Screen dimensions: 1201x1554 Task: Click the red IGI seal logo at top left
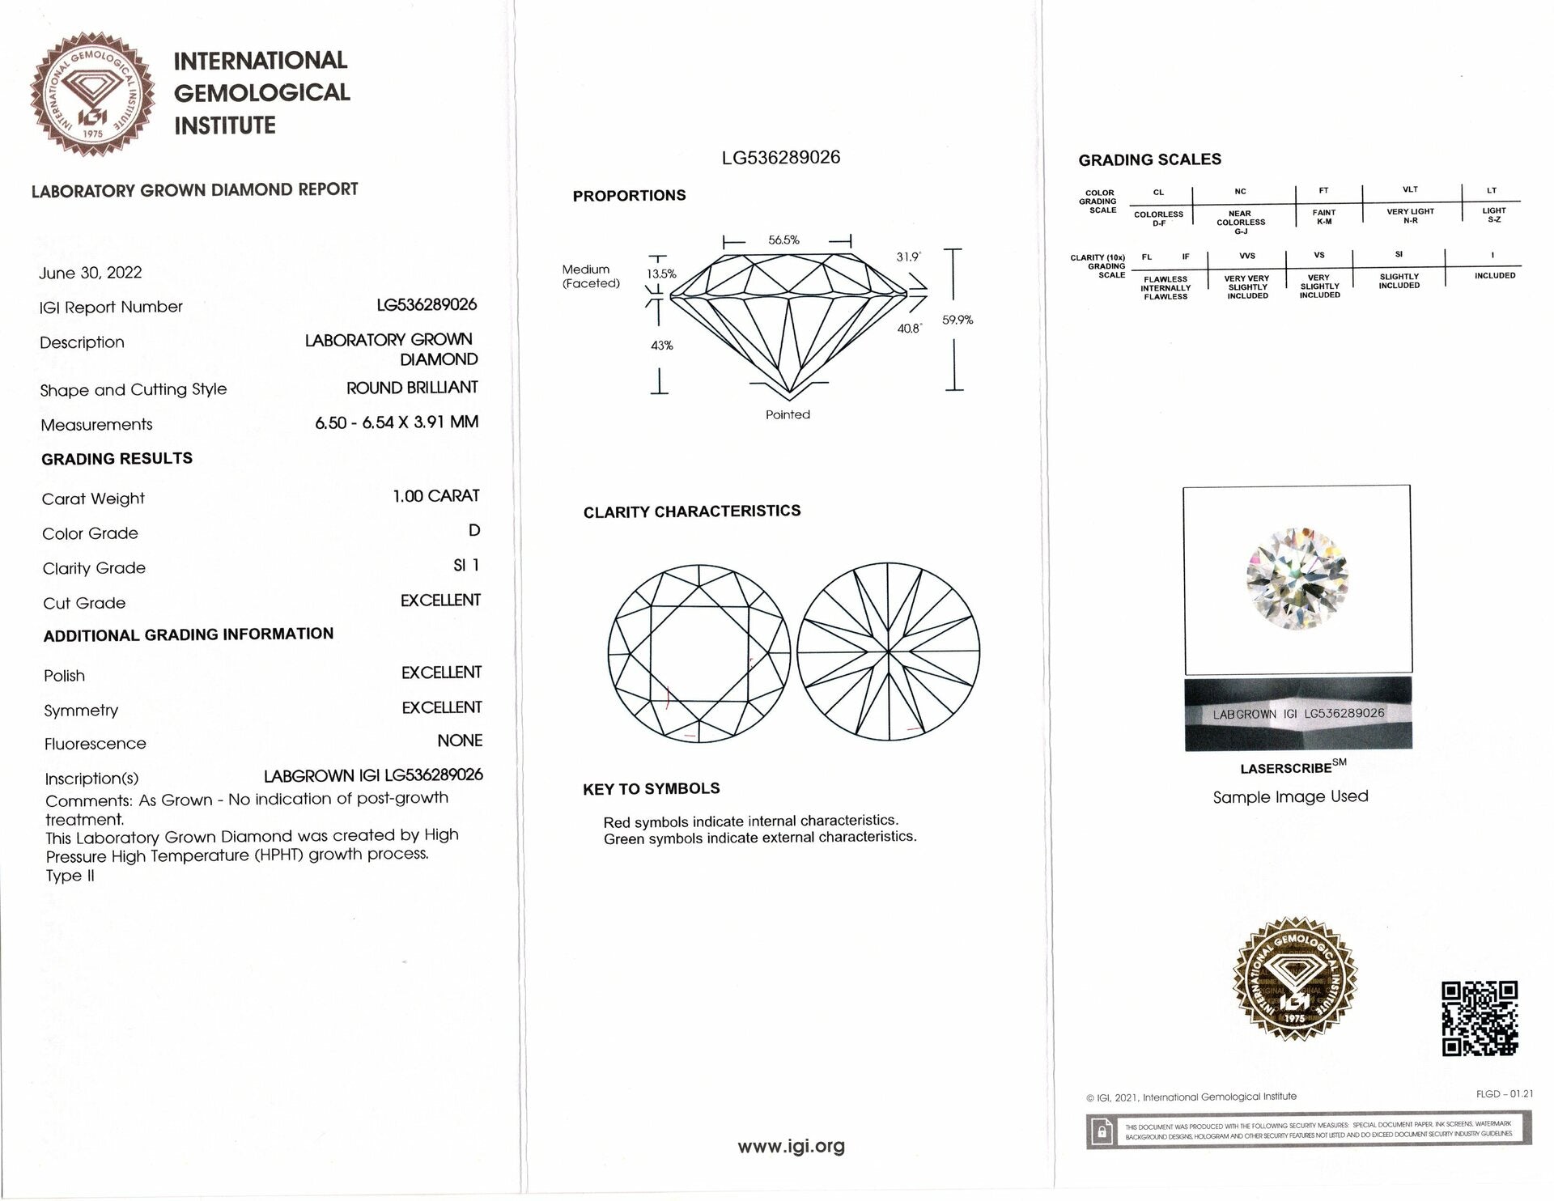coord(92,95)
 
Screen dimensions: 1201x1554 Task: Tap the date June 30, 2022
coord(90,273)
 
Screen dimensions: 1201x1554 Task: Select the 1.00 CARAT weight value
coord(435,495)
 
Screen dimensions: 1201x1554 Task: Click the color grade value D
coord(474,530)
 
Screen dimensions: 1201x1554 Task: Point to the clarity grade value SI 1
coord(465,565)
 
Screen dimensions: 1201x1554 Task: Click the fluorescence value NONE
coord(460,741)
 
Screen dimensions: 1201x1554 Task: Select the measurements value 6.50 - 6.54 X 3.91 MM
coord(397,422)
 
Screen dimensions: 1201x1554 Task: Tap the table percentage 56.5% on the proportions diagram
coord(783,240)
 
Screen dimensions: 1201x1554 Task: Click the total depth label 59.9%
coord(957,320)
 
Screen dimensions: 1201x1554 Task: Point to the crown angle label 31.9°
coord(908,257)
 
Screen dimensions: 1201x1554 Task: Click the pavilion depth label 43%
coord(662,346)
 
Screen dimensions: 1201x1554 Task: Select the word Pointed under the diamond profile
coord(788,414)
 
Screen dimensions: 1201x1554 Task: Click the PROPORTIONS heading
coord(629,195)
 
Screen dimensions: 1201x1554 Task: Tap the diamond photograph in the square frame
coord(1297,579)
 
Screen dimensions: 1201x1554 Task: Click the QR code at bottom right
coord(1480,1018)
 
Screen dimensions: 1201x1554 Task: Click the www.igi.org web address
coord(791,1146)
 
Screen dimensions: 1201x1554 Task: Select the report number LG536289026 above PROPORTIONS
coord(780,157)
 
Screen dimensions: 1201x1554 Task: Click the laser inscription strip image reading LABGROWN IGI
coord(1298,714)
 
